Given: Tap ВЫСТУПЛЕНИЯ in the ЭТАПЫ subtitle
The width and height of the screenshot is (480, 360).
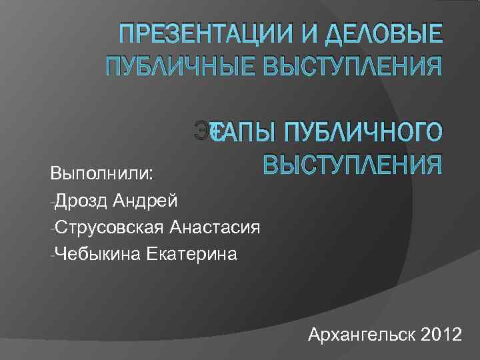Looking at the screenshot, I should tap(352, 164).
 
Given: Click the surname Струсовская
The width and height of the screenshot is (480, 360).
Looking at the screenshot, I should tap(110, 227).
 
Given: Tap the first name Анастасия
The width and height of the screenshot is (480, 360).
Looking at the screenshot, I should tap(215, 227).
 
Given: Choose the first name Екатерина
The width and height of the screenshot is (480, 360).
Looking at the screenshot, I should tap(189, 253).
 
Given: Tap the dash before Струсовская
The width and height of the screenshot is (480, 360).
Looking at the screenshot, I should tap(53, 228).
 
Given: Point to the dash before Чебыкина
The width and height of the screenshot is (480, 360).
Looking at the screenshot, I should tap(53, 255).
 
